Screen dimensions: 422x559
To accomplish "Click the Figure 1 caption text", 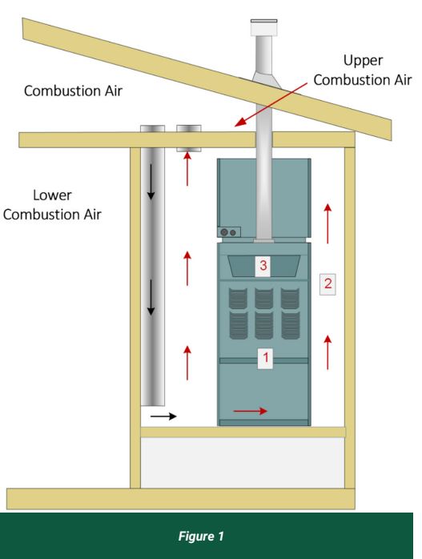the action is (201, 536).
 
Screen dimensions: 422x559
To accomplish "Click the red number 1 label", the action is (265, 357).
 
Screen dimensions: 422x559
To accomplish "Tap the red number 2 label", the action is (328, 284).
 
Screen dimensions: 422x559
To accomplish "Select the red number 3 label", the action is (263, 266).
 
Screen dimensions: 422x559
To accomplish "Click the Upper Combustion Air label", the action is (363, 70).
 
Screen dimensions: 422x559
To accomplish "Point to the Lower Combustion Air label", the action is (52, 205).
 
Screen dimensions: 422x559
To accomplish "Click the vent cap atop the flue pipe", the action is (263, 28).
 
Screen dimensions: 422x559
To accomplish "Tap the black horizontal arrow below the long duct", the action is (163, 416).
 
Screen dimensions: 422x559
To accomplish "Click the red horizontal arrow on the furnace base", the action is (250, 411).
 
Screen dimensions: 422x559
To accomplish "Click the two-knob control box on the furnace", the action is (229, 232).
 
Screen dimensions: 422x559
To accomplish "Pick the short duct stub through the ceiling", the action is (189, 139).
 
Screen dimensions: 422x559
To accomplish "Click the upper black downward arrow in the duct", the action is (151, 182).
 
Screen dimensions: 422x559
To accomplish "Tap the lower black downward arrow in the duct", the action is (151, 297).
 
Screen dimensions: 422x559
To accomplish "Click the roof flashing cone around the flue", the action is (266, 80).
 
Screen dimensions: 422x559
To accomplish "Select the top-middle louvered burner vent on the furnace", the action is (263, 299).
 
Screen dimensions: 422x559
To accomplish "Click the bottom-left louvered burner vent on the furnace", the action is (238, 325).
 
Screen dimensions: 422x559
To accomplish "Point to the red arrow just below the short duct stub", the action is (187, 169).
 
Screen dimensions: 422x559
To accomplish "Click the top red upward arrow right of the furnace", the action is (328, 223).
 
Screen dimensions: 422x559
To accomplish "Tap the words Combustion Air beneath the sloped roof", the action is (73, 91).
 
